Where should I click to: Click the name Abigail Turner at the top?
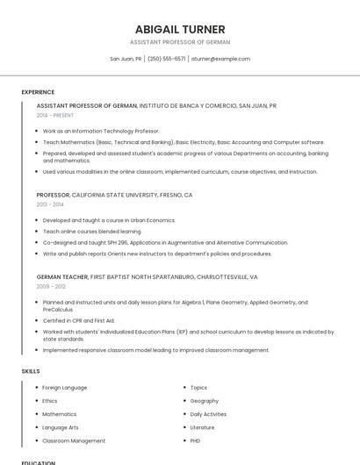180,29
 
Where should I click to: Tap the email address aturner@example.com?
220,59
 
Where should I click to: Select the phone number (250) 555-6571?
167,59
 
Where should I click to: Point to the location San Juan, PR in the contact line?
126,59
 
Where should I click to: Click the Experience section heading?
38,92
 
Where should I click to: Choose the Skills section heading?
31,371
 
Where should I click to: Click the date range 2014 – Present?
55,115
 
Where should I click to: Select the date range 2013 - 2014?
50,204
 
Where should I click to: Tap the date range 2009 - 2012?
51,286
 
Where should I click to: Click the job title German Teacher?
62,276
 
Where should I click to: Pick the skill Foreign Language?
65,387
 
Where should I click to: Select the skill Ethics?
50,400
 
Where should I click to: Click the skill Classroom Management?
74,440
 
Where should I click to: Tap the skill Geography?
205,400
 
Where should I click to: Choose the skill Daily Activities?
208,414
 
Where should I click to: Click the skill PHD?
196,440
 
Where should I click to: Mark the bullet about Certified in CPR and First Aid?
79,320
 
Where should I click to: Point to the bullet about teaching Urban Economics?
109,220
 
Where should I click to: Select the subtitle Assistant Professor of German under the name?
180,42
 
